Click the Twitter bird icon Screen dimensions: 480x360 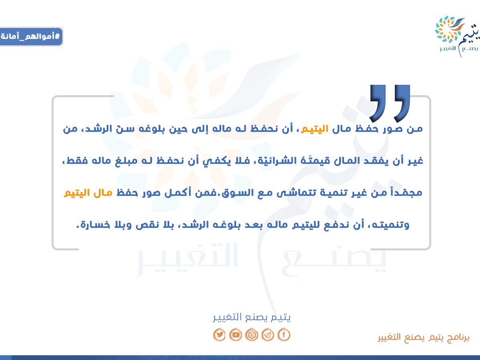219,334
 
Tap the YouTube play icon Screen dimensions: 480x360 236,334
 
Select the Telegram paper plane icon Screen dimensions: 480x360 268,334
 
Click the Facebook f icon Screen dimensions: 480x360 284,334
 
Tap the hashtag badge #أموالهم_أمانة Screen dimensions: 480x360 31,36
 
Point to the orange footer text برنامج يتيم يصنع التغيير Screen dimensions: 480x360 424,337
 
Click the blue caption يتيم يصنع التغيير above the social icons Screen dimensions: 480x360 252,317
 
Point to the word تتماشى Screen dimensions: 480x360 296,193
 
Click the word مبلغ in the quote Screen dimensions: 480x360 126,161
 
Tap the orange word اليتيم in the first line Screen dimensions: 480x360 314,129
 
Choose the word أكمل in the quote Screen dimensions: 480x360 178,192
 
